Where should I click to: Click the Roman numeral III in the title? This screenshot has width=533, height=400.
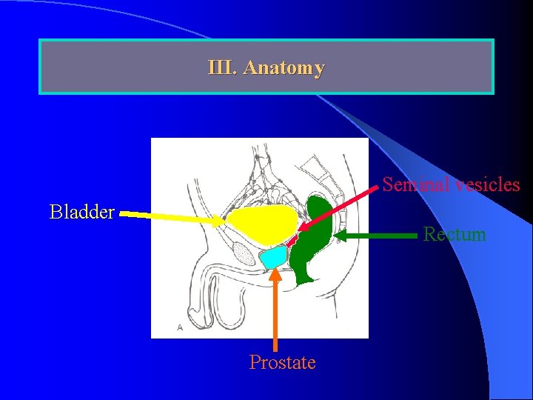click(x=222, y=68)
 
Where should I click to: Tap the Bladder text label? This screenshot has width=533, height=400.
click(x=81, y=213)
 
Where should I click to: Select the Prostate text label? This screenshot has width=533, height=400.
click(x=282, y=362)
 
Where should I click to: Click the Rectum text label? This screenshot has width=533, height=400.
click(x=455, y=235)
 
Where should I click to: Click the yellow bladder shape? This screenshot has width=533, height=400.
click(x=263, y=222)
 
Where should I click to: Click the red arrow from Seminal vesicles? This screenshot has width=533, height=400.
click(x=341, y=204)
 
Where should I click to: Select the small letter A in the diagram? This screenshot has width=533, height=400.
click(x=180, y=326)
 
